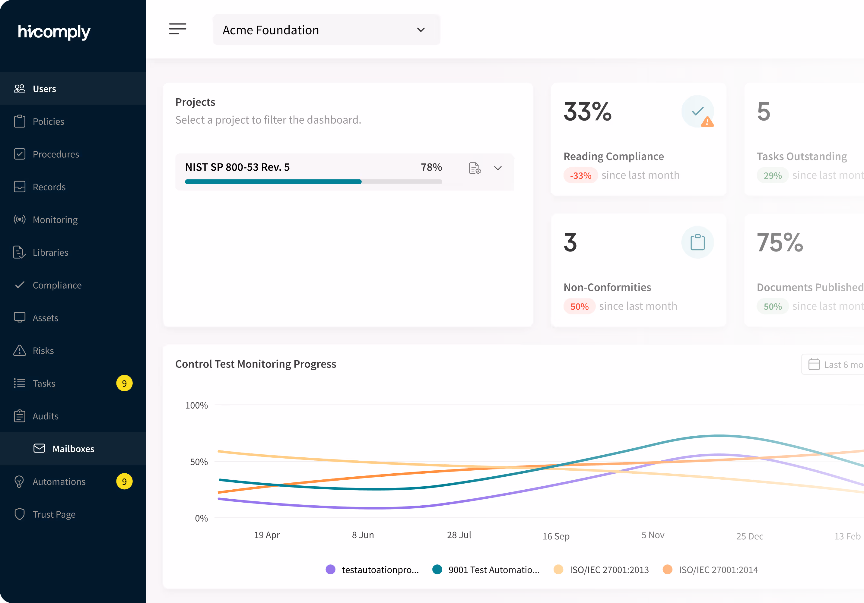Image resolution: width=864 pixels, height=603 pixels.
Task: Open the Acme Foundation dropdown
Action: pos(326,30)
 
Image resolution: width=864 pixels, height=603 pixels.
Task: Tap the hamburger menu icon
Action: pos(177,29)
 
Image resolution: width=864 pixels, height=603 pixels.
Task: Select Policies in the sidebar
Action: pos(48,122)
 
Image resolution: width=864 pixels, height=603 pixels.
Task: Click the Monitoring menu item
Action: pos(55,220)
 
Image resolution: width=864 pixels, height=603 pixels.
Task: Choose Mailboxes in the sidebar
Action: pos(73,449)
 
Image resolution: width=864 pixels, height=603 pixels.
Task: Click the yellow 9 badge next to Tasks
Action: pos(124,383)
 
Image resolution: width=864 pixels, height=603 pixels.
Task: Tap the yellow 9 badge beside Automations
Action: pos(124,481)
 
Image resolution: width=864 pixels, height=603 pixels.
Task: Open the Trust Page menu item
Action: pos(54,514)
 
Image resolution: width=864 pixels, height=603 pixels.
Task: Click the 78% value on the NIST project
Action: pos(431,167)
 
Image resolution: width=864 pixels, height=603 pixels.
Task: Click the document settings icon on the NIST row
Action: pos(475,168)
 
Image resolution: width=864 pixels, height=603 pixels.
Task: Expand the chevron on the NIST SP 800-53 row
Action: pos(498,168)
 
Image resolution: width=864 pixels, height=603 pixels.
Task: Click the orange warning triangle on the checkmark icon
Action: pos(707,122)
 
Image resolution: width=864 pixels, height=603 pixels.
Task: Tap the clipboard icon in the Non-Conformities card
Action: pos(697,242)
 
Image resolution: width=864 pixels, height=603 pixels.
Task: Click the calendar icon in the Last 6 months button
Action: pos(814,365)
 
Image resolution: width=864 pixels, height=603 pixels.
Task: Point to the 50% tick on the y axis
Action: pos(199,462)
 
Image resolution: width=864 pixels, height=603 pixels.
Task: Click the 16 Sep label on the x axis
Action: pos(556,536)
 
